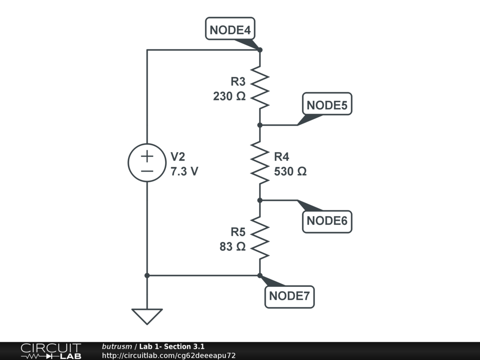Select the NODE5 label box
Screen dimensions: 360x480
coord(327,105)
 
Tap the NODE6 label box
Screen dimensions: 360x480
coord(327,220)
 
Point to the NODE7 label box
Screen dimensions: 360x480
coord(289,296)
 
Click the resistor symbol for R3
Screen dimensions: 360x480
coord(260,87)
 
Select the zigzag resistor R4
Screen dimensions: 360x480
coord(260,163)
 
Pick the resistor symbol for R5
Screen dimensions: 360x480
coord(260,238)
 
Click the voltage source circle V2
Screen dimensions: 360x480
coord(147,163)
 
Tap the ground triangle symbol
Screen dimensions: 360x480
coord(147,316)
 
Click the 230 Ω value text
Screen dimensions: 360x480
coord(229,97)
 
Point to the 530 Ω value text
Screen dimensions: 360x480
coord(290,172)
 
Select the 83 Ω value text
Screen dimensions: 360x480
coord(232,247)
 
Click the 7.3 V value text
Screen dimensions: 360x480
coord(184,172)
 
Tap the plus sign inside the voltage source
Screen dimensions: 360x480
coord(147,156)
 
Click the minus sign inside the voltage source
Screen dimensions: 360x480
coord(147,171)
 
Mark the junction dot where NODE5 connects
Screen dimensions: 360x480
coord(260,125)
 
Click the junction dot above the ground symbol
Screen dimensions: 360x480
coord(147,275)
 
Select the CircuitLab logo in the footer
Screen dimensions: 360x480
coord(51,351)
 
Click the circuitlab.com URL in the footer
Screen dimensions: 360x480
coord(169,355)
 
